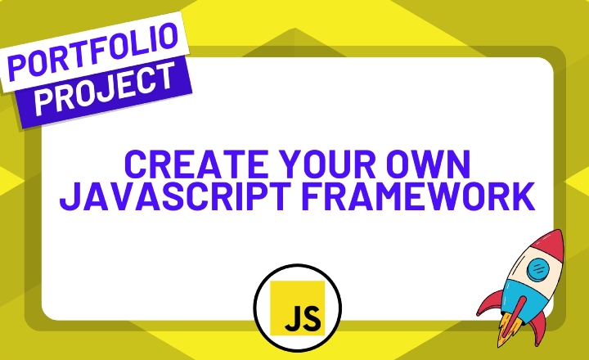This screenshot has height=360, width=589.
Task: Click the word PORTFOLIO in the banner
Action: coord(92,51)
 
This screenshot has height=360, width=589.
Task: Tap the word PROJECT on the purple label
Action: coord(106,88)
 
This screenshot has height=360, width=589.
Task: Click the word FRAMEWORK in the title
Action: coord(418,196)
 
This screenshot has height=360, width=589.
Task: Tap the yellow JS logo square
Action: coord(298,308)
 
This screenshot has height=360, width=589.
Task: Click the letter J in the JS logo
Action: coord(292,318)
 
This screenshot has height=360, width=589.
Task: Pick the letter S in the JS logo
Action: coord(312,318)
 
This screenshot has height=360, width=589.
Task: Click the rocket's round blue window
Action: coord(538,269)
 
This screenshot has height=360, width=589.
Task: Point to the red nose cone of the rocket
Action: coord(550,247)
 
